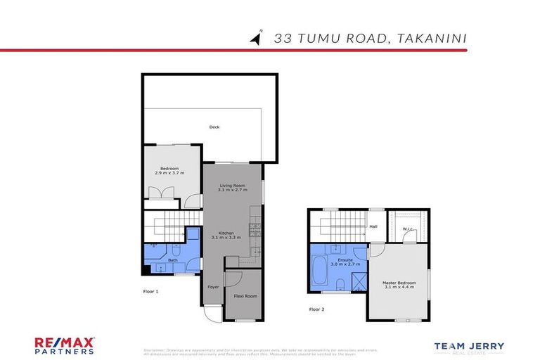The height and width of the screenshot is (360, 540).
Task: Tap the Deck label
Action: click(214, 127)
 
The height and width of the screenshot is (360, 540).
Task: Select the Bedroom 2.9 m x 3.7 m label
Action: click(169, 170)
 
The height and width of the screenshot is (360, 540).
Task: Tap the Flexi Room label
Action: click(245, 296)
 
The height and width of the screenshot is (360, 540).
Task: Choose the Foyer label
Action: click(213, 287)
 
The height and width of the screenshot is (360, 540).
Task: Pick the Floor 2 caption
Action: click(317, 309)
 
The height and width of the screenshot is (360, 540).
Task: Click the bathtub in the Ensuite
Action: click(318, 272)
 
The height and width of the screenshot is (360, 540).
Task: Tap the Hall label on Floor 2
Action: click(373, 226)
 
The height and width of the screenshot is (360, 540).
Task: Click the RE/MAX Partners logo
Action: click(65, 346)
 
